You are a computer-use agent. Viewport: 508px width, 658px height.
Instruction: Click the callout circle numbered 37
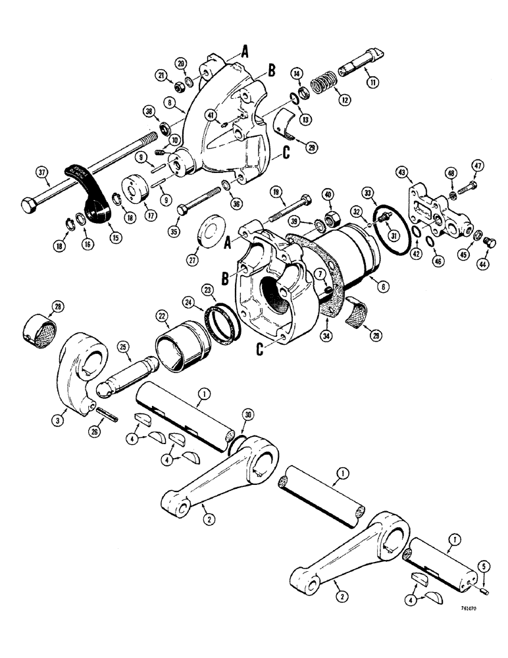(41, 173)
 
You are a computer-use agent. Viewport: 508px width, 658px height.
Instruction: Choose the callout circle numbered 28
(59, 307)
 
